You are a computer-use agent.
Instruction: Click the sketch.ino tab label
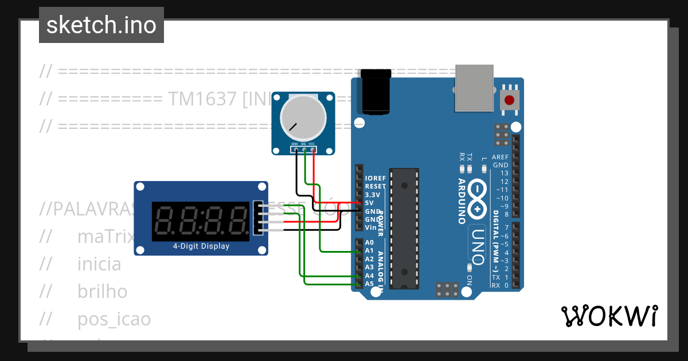coord(101,25)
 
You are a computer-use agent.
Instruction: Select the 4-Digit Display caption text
coord(201,246)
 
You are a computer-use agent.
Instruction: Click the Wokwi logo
coord(609,316)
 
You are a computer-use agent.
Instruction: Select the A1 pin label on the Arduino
coord(369,251)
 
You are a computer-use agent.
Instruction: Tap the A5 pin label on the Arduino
coord(369,284)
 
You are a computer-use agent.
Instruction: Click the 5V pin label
coord(370,203)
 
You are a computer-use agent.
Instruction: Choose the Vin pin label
coord(370,227)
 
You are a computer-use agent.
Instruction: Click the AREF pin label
coord(500,156)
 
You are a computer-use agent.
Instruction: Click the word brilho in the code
coord(102,292)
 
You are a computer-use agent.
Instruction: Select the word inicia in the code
coord(99,264)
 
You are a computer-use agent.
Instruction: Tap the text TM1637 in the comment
coord(202,99)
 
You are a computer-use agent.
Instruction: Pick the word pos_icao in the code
coord(114,319)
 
